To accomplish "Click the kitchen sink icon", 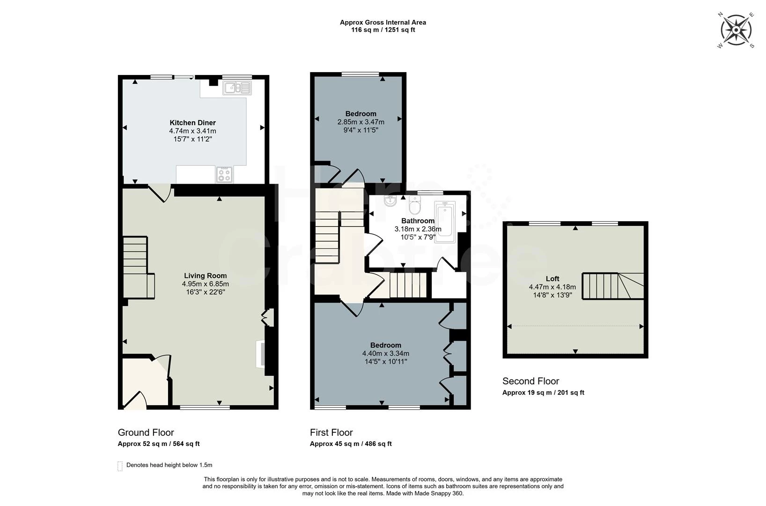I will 237,88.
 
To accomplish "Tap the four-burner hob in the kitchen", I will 225,175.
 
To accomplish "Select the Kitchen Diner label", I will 192,123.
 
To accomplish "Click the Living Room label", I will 205,276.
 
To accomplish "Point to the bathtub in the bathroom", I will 445,222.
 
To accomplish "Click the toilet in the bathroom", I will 415,204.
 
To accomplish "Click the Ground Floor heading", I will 146,432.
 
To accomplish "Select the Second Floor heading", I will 530,381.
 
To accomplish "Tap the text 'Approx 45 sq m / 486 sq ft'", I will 351,444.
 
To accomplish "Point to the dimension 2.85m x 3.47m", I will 361,122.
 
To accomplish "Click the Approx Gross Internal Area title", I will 383,22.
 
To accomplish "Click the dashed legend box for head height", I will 120,466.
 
